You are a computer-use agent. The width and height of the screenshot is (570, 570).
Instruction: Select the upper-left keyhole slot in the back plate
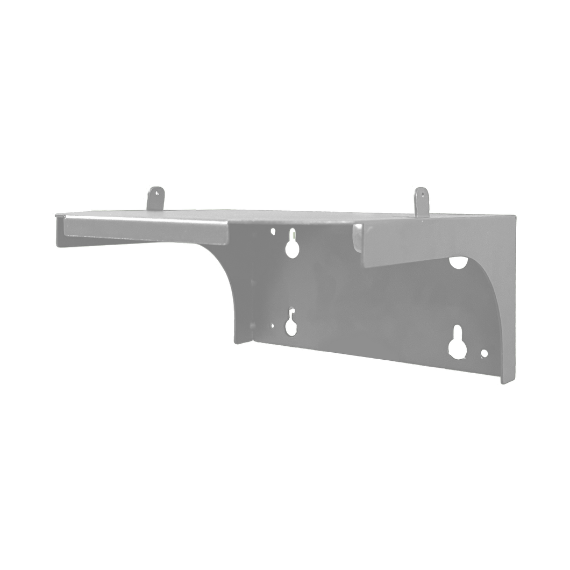292,244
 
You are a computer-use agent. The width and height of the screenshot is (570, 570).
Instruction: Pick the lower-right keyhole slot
458,342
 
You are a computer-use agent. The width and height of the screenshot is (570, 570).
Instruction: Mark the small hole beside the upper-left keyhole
273,233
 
